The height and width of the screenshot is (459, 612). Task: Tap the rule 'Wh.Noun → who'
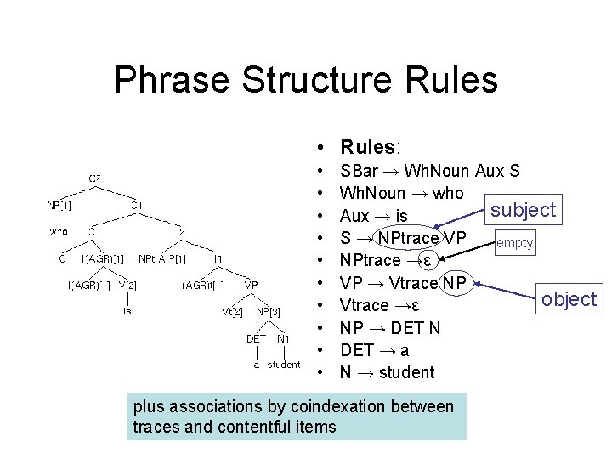[x=402, y=194]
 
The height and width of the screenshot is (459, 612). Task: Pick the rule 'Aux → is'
[x=373, y=216]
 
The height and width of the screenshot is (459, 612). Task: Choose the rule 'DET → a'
[x=375, y=350]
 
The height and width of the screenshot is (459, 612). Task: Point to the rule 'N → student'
[x=387, y=372]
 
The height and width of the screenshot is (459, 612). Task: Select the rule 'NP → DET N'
[x=390, y=328]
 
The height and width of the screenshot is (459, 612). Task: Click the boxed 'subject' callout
[x=524, y=209]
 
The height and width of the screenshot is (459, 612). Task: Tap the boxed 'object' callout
[x=569, y=298]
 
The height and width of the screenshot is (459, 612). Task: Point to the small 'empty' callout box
[x=515, y=243]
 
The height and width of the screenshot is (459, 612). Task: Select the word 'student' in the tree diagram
[x=284, y=365]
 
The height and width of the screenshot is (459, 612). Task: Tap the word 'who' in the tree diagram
[x=59, y=231]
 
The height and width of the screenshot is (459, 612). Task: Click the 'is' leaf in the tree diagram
[x=127, y=311]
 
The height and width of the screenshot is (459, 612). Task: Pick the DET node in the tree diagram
[x=256, y=339]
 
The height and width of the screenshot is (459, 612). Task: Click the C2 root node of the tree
[x=95, y=178]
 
